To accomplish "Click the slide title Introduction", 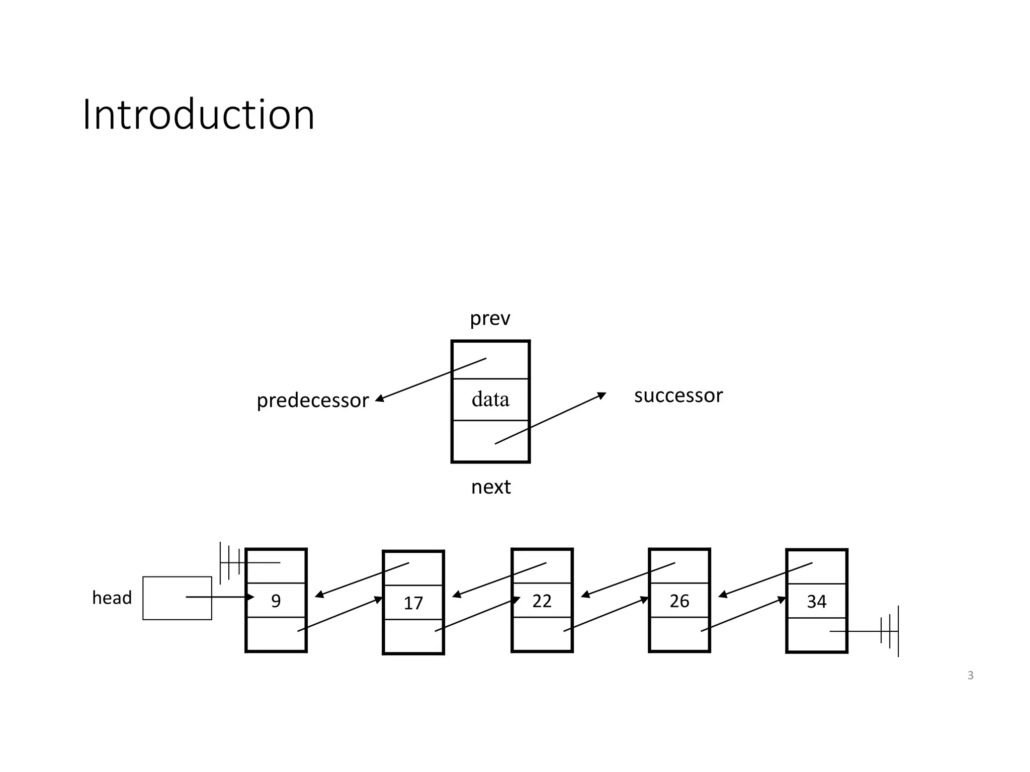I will pyautogui.click(x=199, y=115).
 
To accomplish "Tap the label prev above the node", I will pyautogui.click(x=490, y=319).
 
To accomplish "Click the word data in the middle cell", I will pyautogui.click(x=490, y=400).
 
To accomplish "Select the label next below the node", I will pyautogui.click(x=491, y=487).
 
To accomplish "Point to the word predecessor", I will pyautogui.click(x=312, y=401).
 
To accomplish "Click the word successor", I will pyautogui.click(x=678, y=396).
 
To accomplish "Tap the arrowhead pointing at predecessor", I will pyautogui.click(x=380, y=399).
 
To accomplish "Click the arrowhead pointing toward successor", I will pyautogui.click(x=602, y=396).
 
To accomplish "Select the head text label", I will pyautogui.click(x=112, y=598).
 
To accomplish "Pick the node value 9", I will pyautogui.click(x=276, y=601).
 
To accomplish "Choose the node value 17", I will pyautogui.click(x=413, y=603).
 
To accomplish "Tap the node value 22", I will pyautogui.click(x=542, y=601).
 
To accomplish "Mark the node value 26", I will pyautogui.click(x=679, y=601).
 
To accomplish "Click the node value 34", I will pyautogui.click(x=816, y=602).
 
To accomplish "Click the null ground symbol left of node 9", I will pyautogui.click(x=229, y=563).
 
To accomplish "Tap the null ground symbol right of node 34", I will pyautogui.click(x=890, y=631).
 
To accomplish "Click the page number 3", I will pyautogui.click(x=970, y=675).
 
